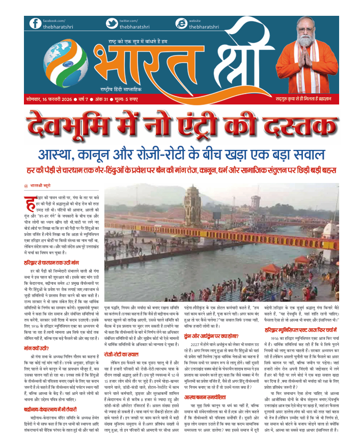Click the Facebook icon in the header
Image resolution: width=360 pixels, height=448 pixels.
tap(35, 23)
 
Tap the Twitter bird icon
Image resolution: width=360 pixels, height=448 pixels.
tap(112, 23)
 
